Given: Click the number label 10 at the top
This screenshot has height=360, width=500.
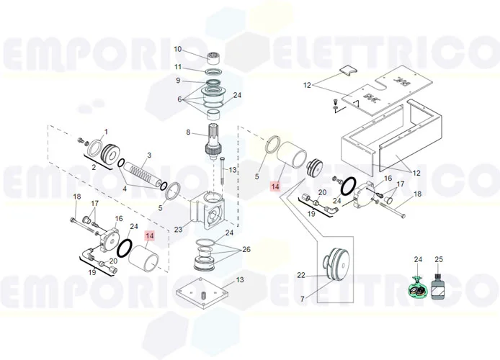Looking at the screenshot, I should tap(178, 49).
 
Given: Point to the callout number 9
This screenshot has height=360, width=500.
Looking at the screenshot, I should tap(178, 81).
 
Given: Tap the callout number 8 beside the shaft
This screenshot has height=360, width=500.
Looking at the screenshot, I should tap(188, 132).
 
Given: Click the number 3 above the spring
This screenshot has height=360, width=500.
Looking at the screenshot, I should tap(148, 155).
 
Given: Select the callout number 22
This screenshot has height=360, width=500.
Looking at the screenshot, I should tap(300, 274).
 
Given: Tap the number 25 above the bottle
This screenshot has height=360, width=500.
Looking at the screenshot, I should tap(439, 259).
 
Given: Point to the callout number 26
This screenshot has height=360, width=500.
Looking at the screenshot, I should tap(246, 250).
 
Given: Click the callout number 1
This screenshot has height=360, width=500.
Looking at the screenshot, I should tap(105, 132).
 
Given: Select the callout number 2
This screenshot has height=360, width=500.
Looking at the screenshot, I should tap(94, 166).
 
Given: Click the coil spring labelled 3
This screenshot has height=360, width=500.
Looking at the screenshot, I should tap(144, 175).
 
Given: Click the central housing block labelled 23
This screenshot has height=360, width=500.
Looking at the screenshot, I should tap(208, 212).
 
